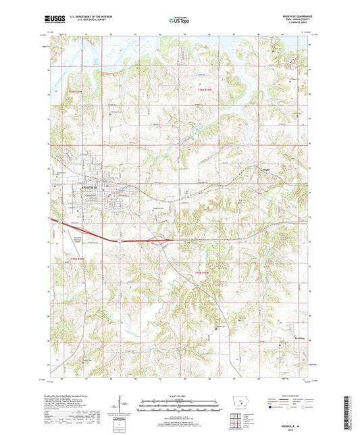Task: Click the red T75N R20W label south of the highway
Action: (80, 259)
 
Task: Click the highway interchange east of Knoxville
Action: (162, 237)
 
